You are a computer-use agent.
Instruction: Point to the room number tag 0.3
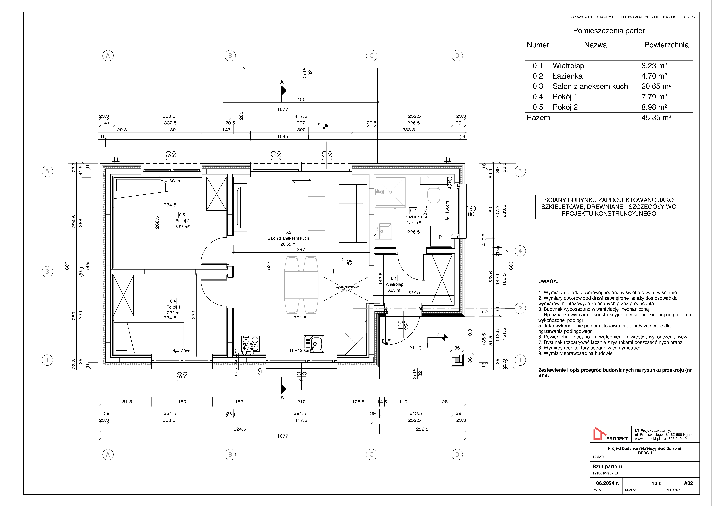pos(288,232)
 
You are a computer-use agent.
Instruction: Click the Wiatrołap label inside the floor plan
pos(394,284)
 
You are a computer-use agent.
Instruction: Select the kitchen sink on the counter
pos(314,344)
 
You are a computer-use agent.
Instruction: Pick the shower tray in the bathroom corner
pos(390,192)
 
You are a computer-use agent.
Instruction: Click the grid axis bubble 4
pos(520,251)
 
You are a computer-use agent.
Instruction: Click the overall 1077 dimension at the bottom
pos(283,436)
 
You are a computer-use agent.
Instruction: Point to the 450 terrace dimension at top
pos(301,99)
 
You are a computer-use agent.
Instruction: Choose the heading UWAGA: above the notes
pos(548,281)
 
